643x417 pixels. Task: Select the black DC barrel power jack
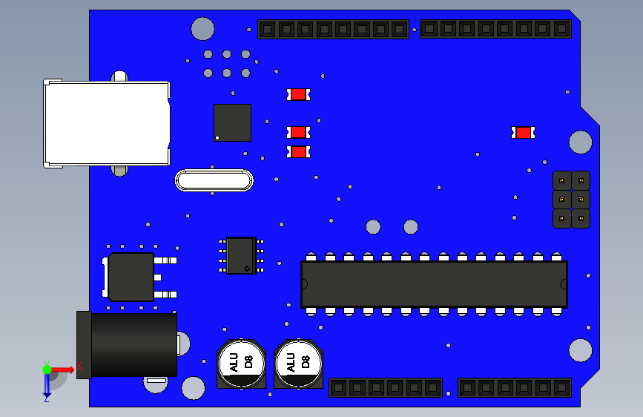[x=130, y=344]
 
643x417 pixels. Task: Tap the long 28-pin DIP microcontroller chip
[x=434, y=283]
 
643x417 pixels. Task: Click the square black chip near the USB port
[x=232, y=122]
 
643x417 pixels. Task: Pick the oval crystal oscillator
[x=214, y=180]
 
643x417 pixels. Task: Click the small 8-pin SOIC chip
[x=241, y=255]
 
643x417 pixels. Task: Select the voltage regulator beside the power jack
[x=131, y=277]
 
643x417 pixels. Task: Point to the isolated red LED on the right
[x=523, y=133]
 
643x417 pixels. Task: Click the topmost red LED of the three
[x=298, y=94]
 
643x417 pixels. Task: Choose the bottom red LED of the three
[x=298, y=151]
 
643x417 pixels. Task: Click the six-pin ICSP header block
[x=571, y=199]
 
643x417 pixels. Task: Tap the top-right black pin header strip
[x=495, y=29]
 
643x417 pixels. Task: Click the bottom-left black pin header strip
[x=386, y=387]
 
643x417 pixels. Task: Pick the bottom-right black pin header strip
[x=515, y=387]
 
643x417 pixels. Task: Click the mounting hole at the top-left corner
[x=202, y=28]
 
